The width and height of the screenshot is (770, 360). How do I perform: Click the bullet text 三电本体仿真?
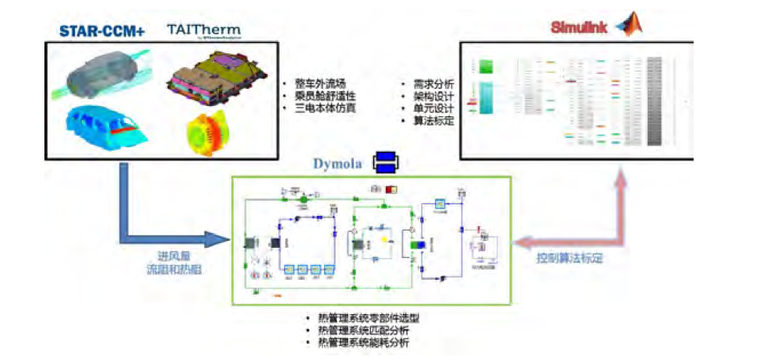[x=324, y=108]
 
